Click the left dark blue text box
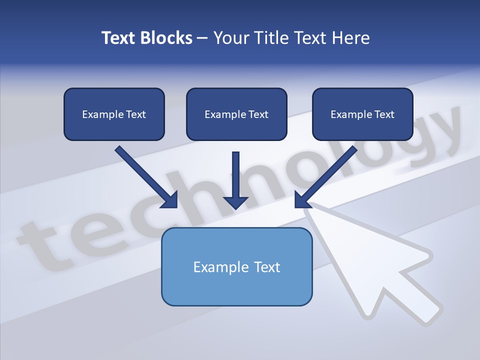pos(114,114)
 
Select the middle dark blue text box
pos(236,114)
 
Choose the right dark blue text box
pos(362,114)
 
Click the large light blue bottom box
pos(236,267)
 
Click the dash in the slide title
pos(202,38)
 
